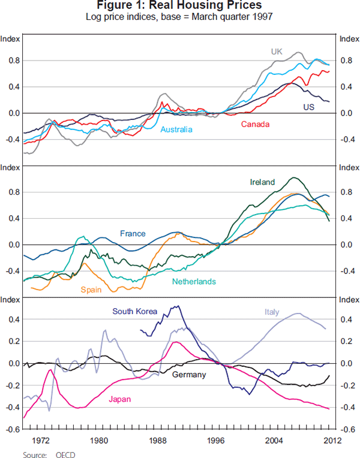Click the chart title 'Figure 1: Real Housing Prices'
[x=179, y=6]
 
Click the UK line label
[x=276, y=52]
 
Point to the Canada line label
[x=256, y=124]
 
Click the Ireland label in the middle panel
[x=262, y=182]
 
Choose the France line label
[x=133, y=233]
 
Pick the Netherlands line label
[x=194, y=281]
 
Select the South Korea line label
[x=134, y=311]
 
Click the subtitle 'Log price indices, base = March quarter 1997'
[x=179, y=17]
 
